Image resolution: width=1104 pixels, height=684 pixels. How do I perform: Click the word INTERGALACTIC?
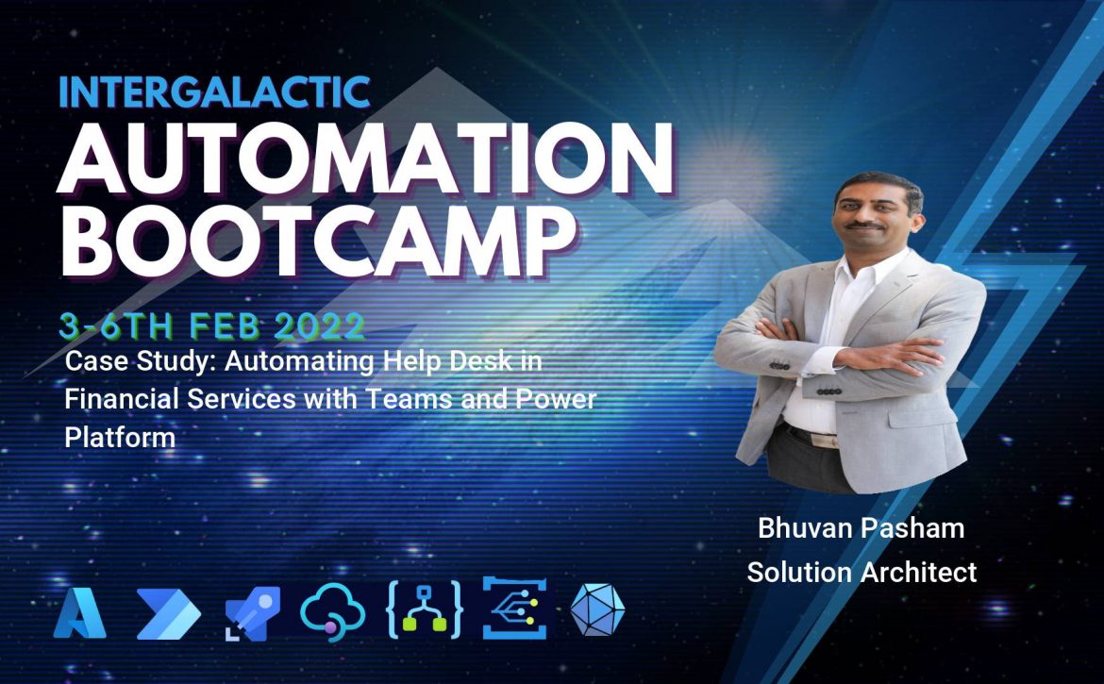[215, 92]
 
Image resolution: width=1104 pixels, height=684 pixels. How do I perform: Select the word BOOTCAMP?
[318, 240]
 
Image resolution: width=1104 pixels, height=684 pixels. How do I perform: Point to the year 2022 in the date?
[319, 325]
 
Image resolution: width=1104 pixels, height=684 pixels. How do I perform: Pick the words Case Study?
[141, 361]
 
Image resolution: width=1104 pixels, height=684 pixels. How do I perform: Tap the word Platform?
[120, 437]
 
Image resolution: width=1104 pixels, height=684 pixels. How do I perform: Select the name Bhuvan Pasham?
[861, 527]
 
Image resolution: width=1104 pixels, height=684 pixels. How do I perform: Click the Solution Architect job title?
[861, 572]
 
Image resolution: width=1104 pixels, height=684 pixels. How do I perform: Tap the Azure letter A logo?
[79, 613]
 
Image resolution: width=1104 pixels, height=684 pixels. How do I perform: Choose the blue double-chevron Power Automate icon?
[168, 613]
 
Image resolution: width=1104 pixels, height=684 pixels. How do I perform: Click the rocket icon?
[252, 613]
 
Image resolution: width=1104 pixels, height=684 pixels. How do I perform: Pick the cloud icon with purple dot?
[332, 610]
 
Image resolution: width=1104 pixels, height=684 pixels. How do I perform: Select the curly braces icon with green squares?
[424, 610]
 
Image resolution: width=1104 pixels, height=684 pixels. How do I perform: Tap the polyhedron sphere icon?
[597, 609]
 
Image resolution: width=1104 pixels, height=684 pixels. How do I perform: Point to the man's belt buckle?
[824, 440]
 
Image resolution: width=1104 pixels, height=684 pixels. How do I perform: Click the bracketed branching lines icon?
[514, 608]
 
